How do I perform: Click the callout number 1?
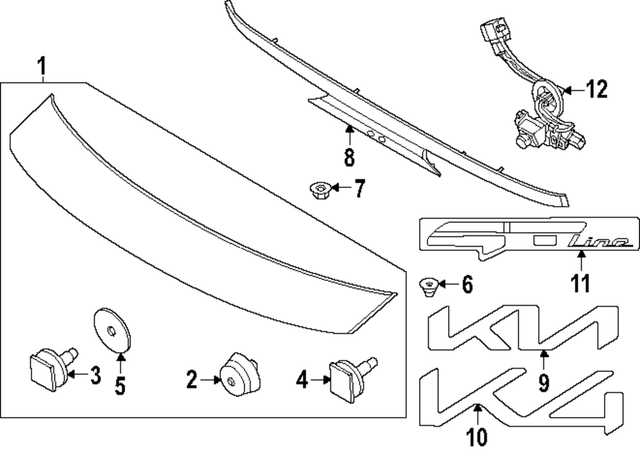pos(42,66)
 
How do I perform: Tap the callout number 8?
pos(349,155)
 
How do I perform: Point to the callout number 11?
pos(580,283)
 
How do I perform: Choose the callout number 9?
pos(543,382)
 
